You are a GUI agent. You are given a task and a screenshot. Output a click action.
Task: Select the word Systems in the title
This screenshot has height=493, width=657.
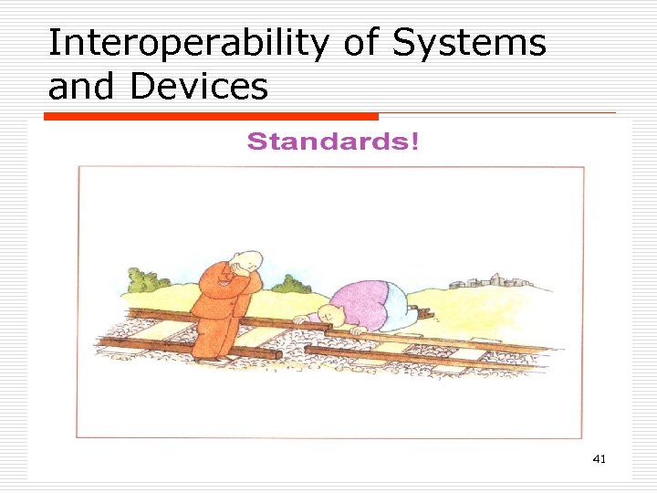click(x=469, y=43)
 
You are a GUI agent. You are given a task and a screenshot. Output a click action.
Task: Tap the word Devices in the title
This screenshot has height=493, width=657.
click(x=199, y=87)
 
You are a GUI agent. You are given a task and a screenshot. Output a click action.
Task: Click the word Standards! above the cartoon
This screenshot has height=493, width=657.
click(x=332, y=142)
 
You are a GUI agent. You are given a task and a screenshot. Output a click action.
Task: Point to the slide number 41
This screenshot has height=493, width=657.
click(x=599, y=458)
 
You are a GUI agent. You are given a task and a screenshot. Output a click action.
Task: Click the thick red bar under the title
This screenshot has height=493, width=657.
click(x=212, y=117)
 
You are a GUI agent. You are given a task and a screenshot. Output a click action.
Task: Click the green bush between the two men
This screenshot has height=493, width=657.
click(x=290, y=285)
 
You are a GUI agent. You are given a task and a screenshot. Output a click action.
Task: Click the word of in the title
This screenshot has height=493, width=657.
click(x=358, y=43)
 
